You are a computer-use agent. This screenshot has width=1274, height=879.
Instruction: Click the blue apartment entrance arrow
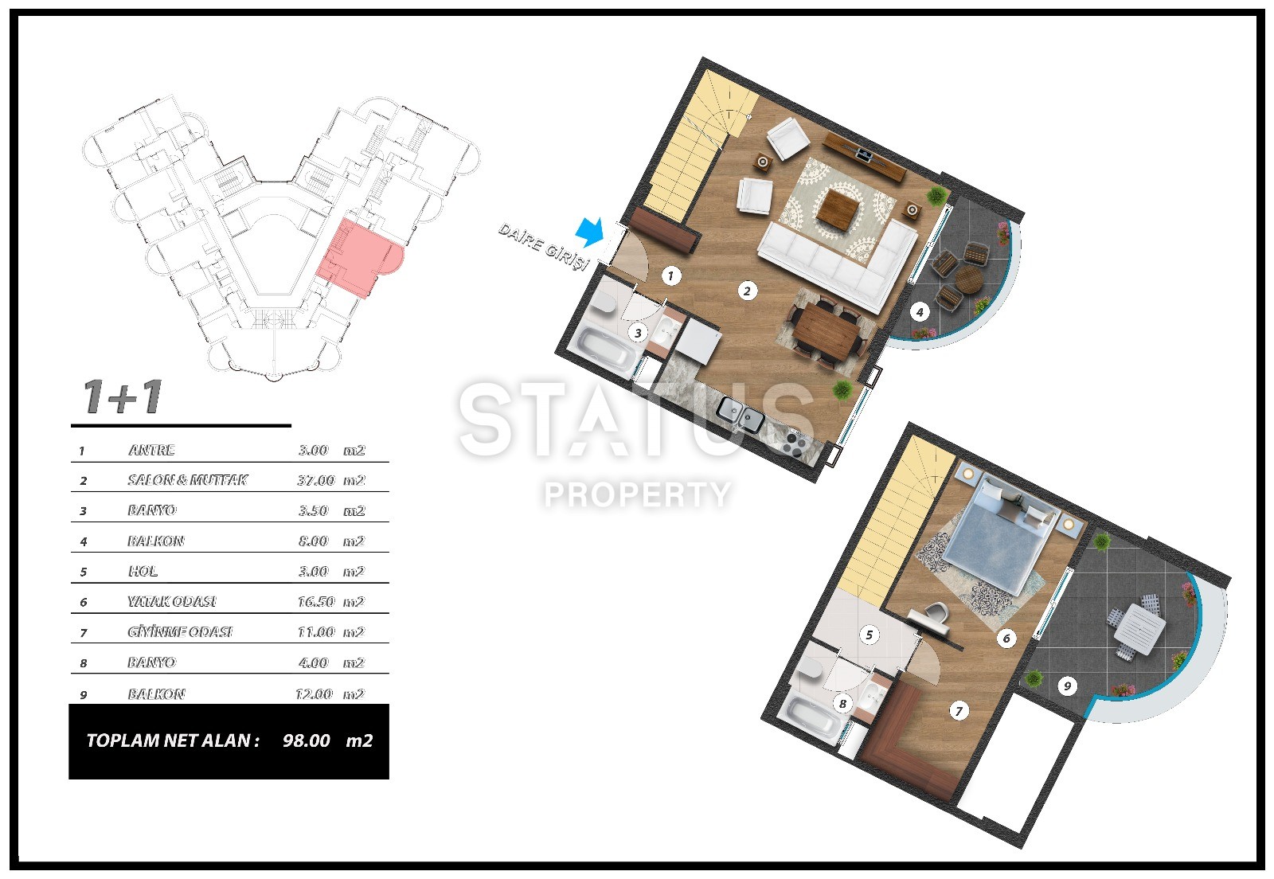tap(590, 232)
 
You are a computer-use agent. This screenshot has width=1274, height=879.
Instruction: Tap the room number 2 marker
tap(748, 291)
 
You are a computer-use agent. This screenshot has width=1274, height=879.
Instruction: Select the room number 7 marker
tap(959, 711)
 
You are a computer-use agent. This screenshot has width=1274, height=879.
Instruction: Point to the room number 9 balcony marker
tap(1067, 686)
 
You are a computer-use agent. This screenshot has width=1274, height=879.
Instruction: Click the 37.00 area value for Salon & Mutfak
tap(316, 480)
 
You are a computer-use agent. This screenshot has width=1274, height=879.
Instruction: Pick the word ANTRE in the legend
tap(151, 451)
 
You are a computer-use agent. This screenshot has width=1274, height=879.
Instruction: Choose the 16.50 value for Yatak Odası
tap(316, 602)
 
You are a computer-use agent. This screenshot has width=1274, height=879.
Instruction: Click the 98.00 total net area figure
tap(307, 740)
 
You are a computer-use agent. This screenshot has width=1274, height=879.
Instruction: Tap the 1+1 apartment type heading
tap(123, 397)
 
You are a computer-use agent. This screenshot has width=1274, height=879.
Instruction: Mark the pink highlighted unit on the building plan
tap(358, 257)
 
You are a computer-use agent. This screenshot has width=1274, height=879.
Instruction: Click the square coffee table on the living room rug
tap(839, 209)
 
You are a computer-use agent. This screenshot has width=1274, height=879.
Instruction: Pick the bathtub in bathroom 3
tap(605, 348)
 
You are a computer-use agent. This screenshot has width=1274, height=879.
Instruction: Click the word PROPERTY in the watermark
tap(637, 494)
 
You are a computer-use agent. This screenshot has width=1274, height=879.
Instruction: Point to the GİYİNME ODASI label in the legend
tap(180, 632)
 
